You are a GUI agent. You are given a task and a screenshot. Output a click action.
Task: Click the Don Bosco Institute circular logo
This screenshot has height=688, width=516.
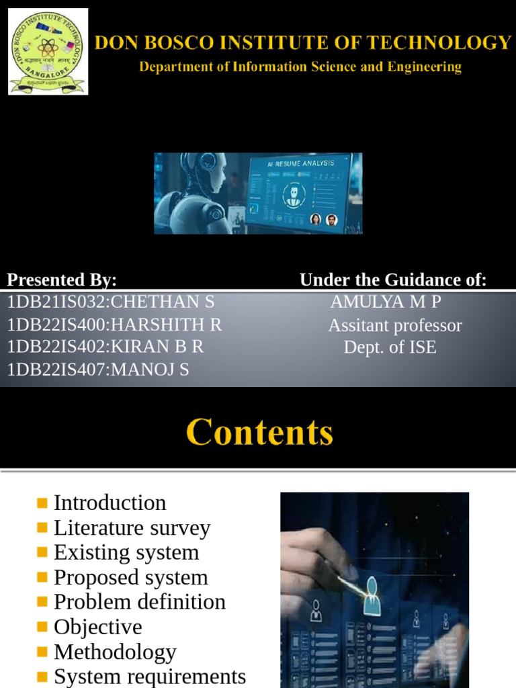click(x=48, y=52)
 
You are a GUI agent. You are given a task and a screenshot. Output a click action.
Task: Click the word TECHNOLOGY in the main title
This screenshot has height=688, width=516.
click(x=447, y=44)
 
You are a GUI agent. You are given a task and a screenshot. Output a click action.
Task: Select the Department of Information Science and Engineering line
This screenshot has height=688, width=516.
click(x=300, y=67)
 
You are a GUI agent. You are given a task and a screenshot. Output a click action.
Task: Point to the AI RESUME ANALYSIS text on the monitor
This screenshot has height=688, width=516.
click(x=300, y=163)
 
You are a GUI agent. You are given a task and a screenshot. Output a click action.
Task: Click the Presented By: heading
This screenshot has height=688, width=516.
click(x=62, y=280)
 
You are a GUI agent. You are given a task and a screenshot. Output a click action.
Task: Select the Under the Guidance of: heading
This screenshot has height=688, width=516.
click(x=393, y=280)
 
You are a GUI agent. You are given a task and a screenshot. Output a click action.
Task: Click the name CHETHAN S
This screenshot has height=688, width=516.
click(x=163, y=302)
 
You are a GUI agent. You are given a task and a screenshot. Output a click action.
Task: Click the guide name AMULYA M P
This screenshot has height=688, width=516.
click(x=386, y=302)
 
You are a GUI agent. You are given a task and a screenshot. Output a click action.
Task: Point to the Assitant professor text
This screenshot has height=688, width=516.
click(x=395, y=326)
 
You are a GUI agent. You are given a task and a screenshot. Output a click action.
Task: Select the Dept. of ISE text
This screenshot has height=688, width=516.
click(x=390, y=347)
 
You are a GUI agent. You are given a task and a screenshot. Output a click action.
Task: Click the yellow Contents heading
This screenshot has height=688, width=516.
click(x=259, y=432)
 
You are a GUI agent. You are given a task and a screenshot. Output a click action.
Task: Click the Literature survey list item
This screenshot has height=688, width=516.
click(x=132, y=528)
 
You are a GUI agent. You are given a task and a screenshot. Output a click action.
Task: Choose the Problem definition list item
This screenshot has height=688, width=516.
click(x=139, y=602)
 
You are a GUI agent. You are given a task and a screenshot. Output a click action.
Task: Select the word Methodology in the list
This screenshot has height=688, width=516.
click(x=115, y=652)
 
